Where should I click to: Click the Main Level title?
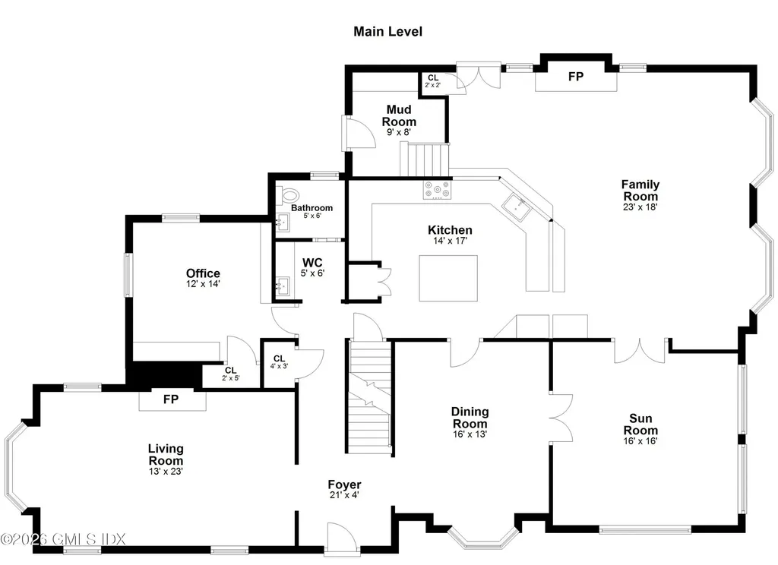387,31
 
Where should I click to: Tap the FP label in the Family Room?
576,77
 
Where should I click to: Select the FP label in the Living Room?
171,399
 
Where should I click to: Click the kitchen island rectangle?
448,279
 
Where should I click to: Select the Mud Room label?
399,115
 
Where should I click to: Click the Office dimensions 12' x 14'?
203,284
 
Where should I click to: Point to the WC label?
313,263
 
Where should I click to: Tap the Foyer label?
344,485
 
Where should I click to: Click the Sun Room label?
640,424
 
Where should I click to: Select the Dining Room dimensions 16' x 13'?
470,434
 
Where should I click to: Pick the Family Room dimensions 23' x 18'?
640,206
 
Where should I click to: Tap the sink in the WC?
283,286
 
